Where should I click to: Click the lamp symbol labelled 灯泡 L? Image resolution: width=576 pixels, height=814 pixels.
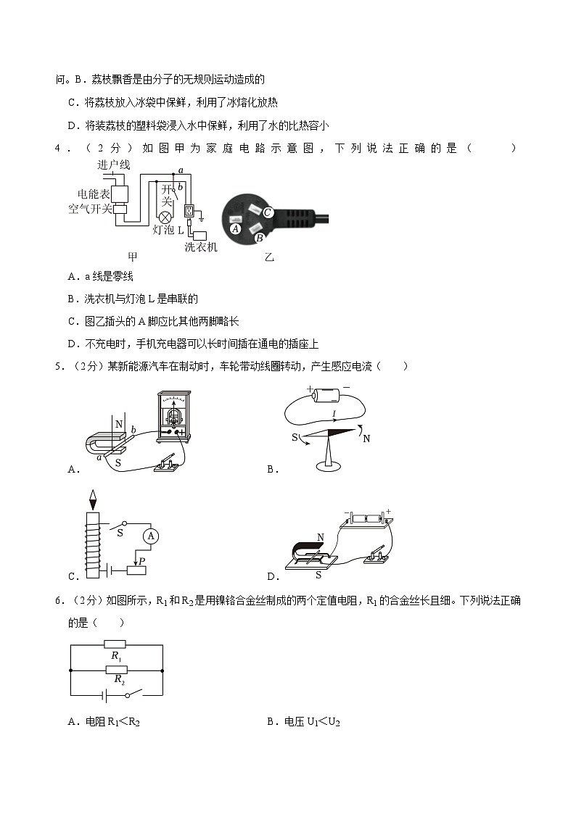[x=165, y=217]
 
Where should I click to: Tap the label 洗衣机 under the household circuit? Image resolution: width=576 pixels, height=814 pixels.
[x=201, y=247]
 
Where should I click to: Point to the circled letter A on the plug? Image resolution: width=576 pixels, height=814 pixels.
[x=234, y=228]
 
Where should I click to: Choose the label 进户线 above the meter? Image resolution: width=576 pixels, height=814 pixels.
[x=113, y=165]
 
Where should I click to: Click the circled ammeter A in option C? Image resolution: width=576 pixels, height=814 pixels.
[x=151, y=536]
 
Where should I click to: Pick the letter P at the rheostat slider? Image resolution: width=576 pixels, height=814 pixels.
[x=142, y=560]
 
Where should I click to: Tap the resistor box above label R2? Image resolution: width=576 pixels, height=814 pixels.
[x=115, y=668]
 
